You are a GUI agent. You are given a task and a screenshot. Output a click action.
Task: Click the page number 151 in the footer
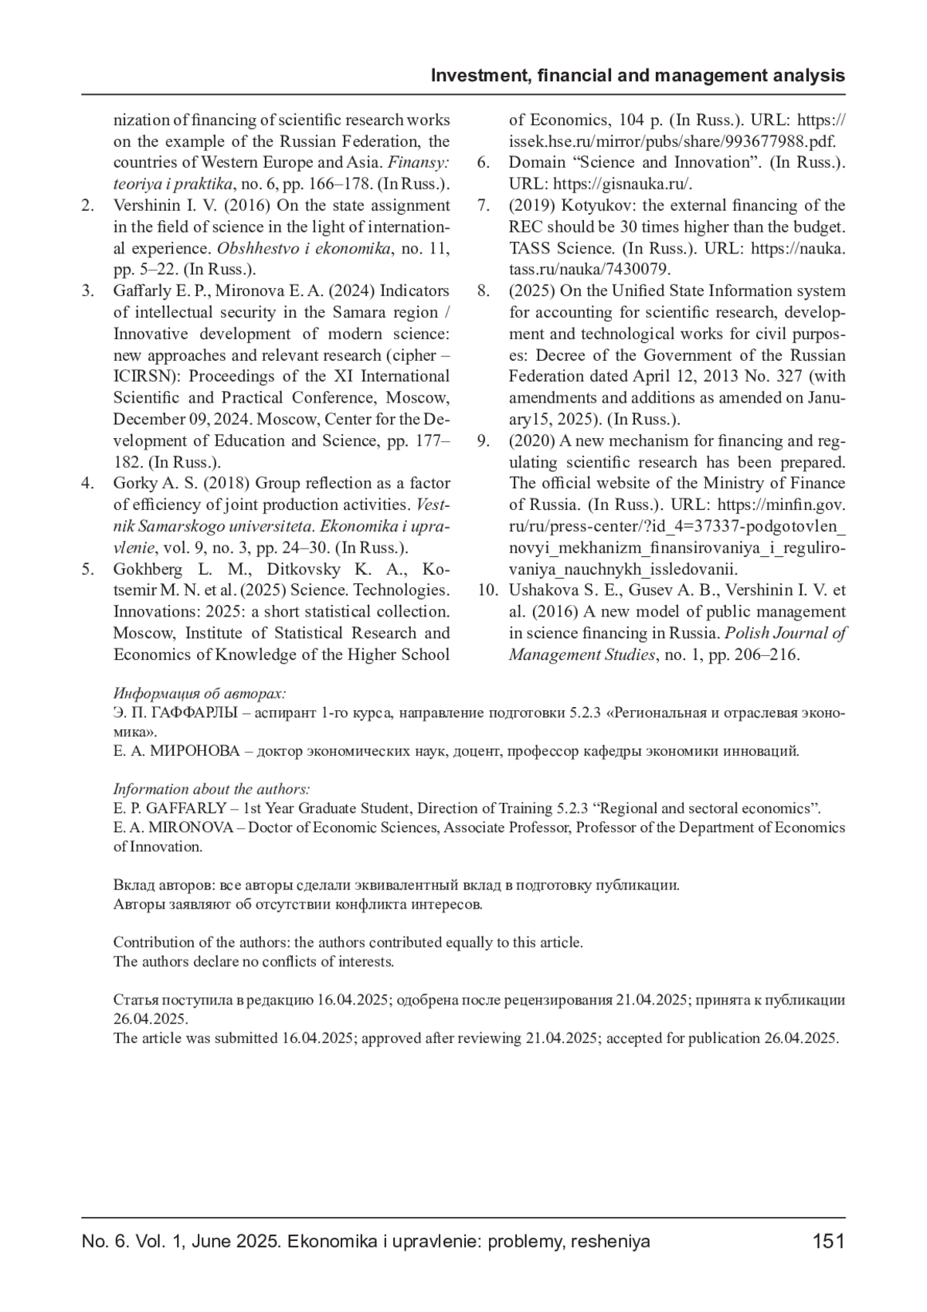coord(828,1242)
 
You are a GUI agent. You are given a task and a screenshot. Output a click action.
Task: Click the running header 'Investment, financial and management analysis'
coord(637,76)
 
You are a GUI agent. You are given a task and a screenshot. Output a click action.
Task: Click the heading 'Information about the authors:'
coord(212,789)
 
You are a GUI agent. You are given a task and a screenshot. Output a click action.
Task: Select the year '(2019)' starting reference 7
coord(531,206)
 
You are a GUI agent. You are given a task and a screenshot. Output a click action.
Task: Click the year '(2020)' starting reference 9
coord(531,441)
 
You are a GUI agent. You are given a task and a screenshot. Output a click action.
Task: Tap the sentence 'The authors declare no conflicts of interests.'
coord(253,962)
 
